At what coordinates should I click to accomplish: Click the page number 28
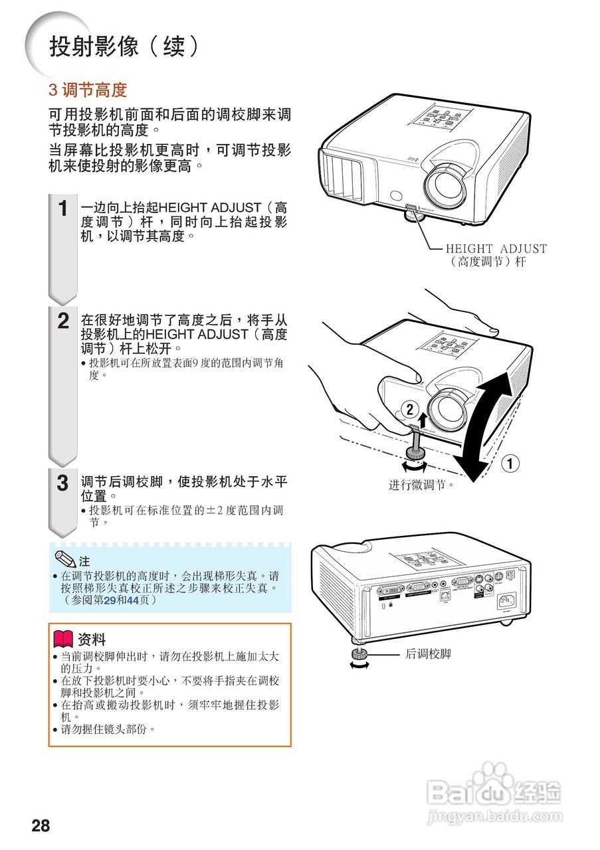pos(41,825)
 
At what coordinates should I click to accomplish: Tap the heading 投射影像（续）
pos(124,46)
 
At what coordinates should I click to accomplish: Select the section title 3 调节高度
pos(88,90)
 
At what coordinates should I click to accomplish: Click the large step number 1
pos(63,209)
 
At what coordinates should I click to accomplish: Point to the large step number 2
pos(63,321)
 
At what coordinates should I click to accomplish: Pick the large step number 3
pos(62,483)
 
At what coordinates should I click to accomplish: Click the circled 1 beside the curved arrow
pos(510,463)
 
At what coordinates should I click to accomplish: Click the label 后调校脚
pos(428,654)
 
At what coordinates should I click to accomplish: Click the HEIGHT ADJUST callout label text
pos(496,255)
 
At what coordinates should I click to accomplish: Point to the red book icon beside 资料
pos(63,639)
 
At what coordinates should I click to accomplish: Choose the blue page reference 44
pos(134,600)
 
